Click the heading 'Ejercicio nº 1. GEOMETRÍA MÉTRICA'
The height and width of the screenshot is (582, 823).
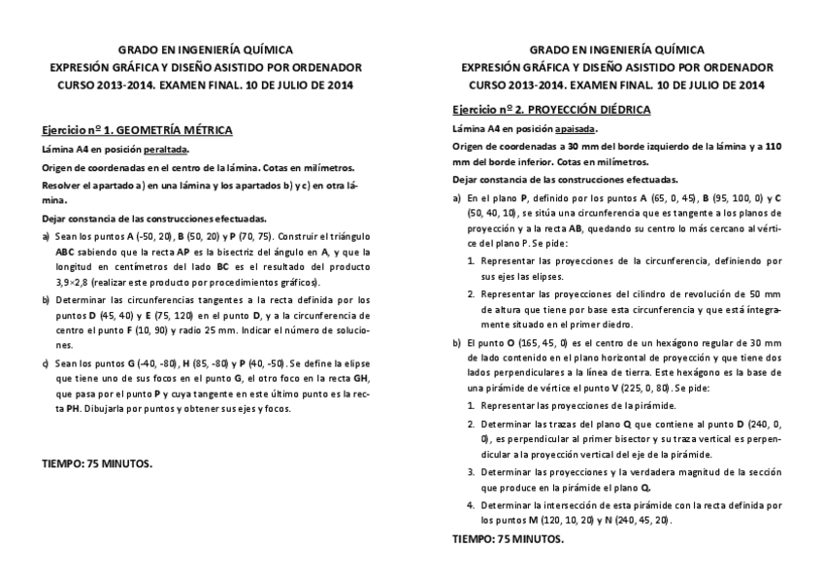137,129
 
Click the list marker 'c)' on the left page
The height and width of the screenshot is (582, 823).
47,361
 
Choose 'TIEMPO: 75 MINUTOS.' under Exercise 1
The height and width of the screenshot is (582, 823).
97,463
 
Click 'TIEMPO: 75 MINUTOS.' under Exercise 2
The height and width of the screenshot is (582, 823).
508,538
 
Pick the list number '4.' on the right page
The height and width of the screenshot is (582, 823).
471,505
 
